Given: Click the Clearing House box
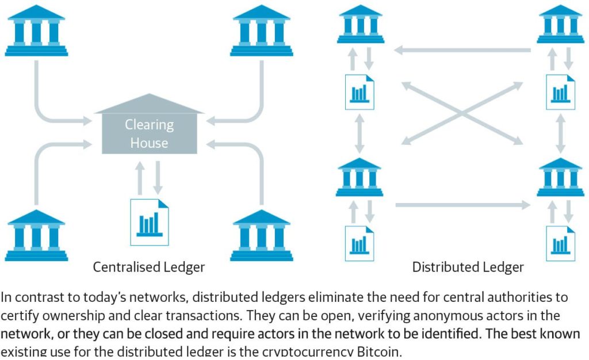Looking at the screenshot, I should point(149,133).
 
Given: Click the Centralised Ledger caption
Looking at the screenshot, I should point(149,267).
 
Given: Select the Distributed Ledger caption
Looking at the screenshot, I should point(468,267).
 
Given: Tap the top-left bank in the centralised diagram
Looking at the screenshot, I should point(36,32).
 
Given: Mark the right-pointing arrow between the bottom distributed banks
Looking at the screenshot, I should point(463,204).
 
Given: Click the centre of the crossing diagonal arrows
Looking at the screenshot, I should point(462,113).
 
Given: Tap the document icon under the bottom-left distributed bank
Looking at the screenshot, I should point(359,243).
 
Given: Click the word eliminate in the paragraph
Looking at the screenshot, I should point(336,298).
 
